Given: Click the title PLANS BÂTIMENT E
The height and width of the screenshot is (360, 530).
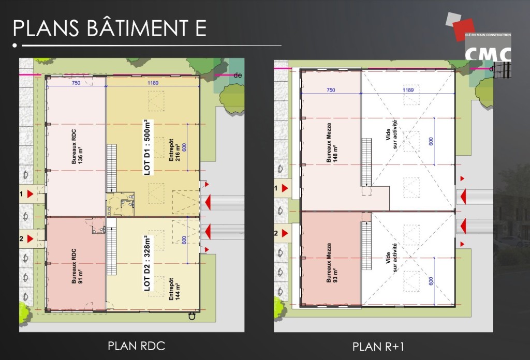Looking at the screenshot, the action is [x=110, y=28].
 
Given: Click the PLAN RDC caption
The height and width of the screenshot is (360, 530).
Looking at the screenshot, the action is [x=136, y=346].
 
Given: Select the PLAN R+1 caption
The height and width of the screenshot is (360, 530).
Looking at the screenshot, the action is [x=378, y=347].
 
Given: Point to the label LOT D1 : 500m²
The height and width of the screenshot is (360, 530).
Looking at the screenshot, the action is [x=148, y=147].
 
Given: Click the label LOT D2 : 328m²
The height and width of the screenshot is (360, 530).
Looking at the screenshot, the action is [x=148, y=263].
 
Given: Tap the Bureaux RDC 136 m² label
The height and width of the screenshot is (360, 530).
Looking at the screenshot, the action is [x=77, y=146].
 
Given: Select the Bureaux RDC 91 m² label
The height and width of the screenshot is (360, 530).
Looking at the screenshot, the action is [x=77, y=266].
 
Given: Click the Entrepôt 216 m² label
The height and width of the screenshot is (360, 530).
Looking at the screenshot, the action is [x=174, y=150].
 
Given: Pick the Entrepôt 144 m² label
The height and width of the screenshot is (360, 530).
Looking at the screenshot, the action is [x=174, y=289].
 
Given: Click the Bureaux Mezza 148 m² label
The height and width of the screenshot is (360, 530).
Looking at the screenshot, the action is [x=332, y=143].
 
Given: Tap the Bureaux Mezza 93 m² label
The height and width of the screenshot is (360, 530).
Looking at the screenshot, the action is [x=332, y=263].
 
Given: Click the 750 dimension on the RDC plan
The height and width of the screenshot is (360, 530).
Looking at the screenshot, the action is [x=76, y=83].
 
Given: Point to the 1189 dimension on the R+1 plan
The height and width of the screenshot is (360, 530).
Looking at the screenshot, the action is [x=408, y=90].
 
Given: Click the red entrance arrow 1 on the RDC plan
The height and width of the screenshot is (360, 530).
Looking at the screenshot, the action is [x=30, y=194].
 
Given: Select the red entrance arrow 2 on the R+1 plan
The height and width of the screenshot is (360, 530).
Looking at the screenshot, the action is [x=285, y=233].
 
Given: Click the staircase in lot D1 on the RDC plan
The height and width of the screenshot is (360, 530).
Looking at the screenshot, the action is [x=112, y=168].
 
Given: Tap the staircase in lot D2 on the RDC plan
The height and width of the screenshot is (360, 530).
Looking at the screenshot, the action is [x=112, y=247].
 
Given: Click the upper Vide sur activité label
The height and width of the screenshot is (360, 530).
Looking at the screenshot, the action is [x=391, y=134].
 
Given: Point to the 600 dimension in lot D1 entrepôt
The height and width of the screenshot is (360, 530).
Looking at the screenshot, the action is [x=184, y=147].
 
